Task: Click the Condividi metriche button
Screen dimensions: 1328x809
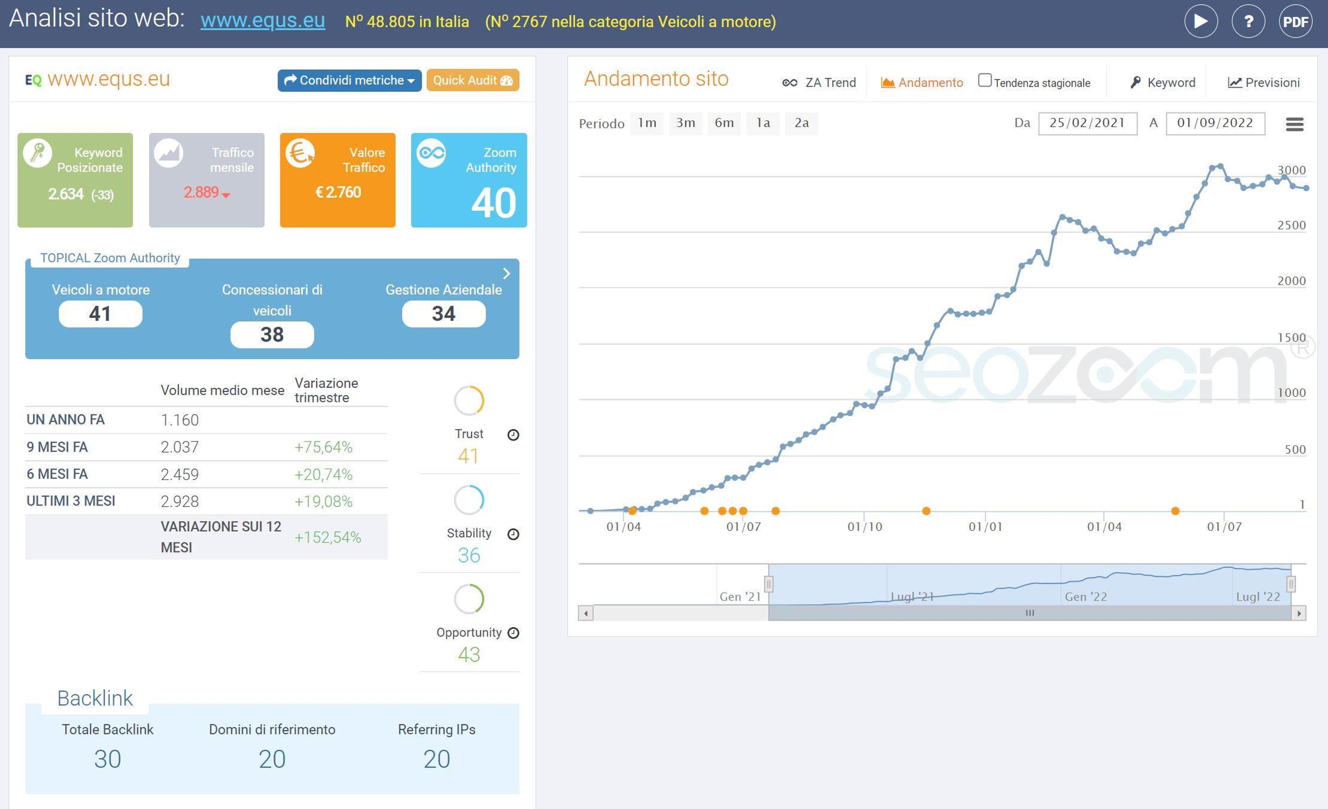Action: (x=349, y=80)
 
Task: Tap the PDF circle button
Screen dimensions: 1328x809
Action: (x=1295, y=21)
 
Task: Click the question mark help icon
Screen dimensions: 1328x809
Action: (x=1248, y=21)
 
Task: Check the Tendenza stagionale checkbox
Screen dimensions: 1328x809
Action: (x=985, y=80)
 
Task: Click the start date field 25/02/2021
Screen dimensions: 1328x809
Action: (x=1088, y=123)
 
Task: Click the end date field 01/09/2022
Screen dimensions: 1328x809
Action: (x=1215, y=123)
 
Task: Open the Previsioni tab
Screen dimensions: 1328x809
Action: (x=1264, y=82)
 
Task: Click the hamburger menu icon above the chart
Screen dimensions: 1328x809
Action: (x=1294, y=125)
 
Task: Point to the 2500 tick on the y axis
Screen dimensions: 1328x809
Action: (x=1291, y=225)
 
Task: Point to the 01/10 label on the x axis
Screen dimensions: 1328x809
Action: (x=865, y=526)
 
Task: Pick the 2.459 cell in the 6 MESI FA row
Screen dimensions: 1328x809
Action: (x=179, y=474)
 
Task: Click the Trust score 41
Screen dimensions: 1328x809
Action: (x=468, y=456)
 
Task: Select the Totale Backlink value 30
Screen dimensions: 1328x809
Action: (x=108, y=759)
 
